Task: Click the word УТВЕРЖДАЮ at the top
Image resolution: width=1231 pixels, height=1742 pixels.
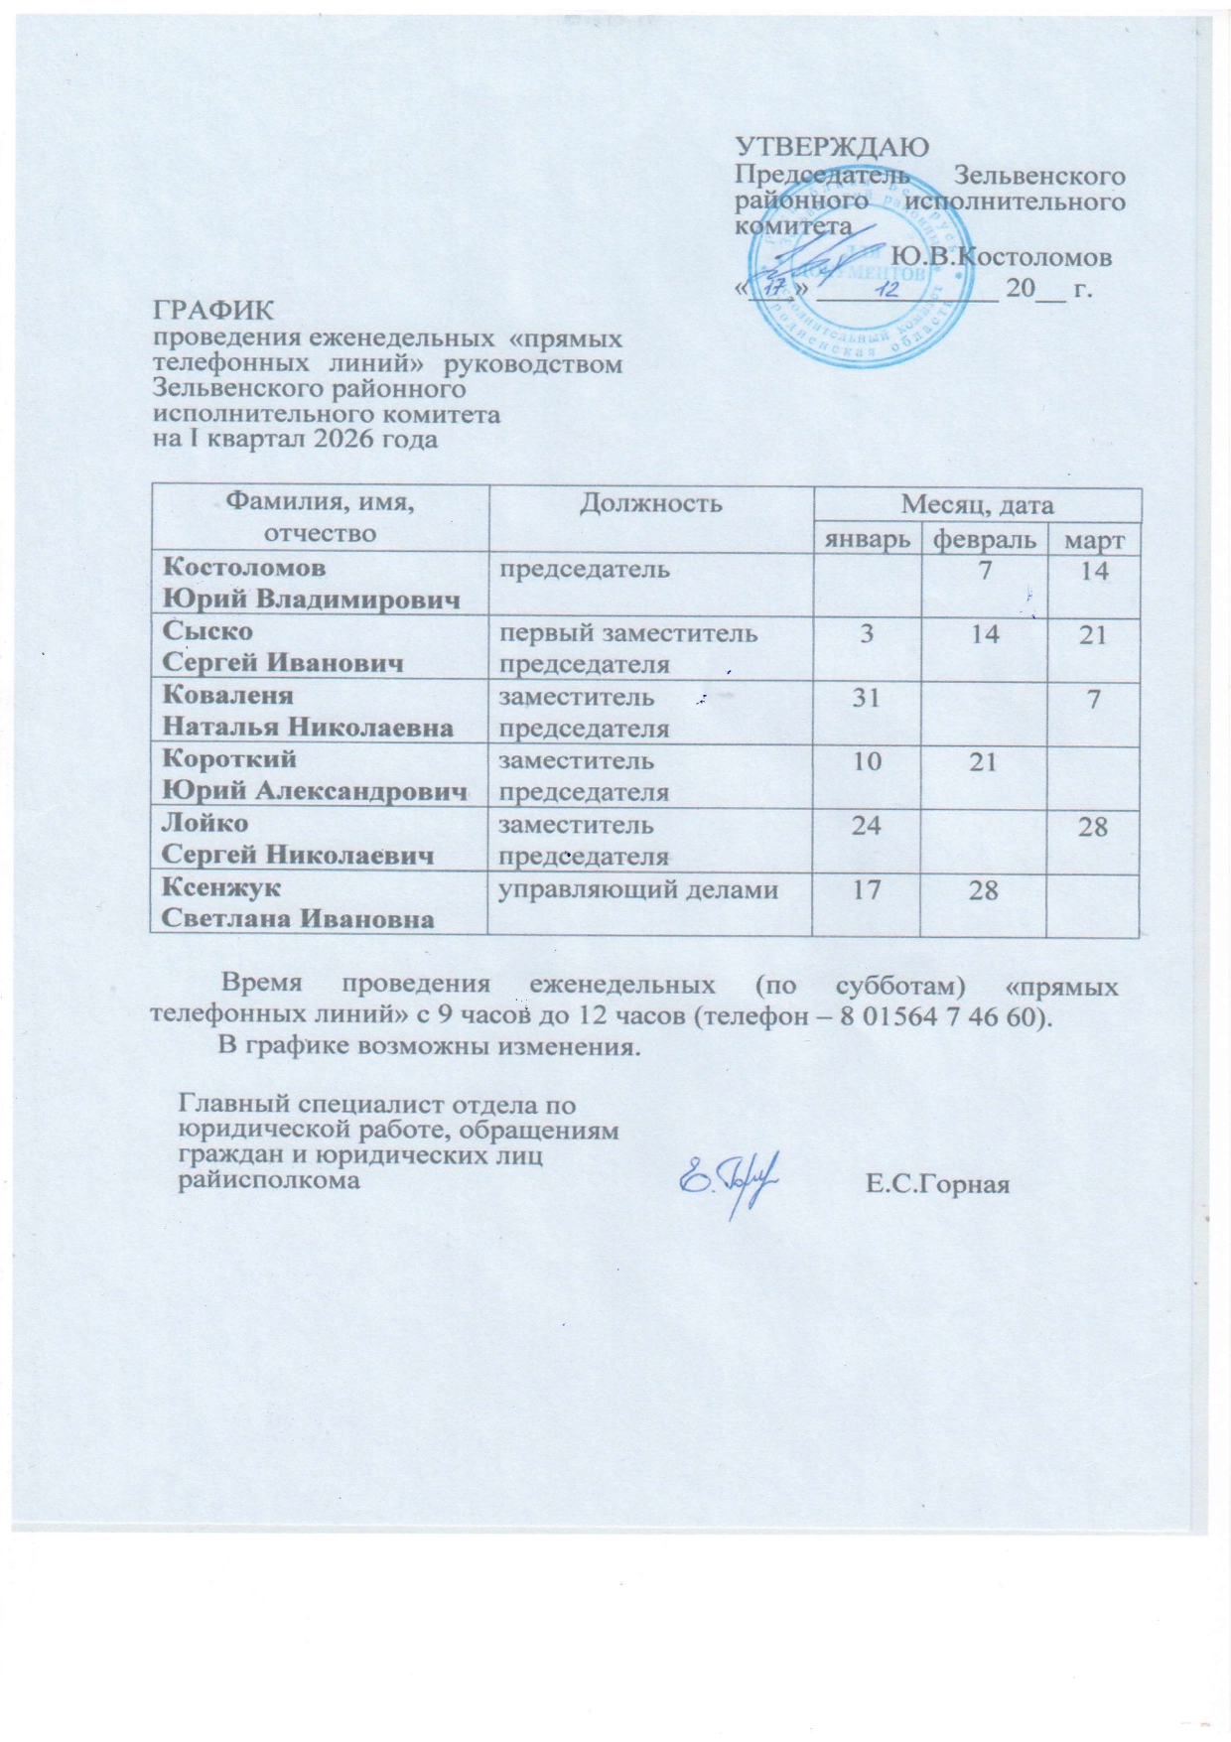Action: point(832,147)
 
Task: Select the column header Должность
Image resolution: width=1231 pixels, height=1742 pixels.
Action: point(650,504)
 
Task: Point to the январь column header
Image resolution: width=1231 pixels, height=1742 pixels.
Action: point(865,540)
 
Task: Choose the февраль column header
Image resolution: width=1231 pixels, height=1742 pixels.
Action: point(984,540)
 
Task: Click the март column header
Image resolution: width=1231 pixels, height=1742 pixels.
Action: point(1093,541)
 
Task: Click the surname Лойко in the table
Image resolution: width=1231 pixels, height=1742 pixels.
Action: point(205,823)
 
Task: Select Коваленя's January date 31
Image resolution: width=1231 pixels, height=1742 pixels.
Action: point(866,698)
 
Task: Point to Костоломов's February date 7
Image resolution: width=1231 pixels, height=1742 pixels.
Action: point(984,571)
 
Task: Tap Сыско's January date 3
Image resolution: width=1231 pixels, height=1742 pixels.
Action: point(867,634)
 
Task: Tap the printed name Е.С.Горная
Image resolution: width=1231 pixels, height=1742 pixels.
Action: point(937,1184)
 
